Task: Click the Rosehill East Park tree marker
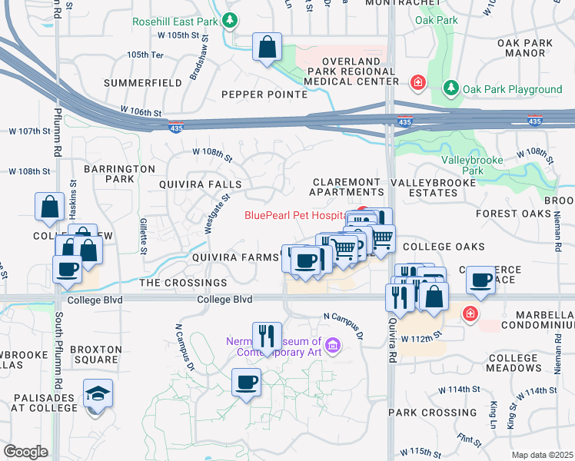[228, 20]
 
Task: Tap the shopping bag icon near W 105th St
[266, 48]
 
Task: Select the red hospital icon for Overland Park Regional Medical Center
[417, 81]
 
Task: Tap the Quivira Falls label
[200, 184]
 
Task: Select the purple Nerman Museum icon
[333, 347]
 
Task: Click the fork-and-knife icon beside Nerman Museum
[267, 336]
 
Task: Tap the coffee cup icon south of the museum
[246, 382]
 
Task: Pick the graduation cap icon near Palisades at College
[98, 393]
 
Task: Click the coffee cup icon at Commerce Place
[482, 280]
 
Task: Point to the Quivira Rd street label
[392, 330]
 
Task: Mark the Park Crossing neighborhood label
[422, 413]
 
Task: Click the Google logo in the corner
[25, 452]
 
